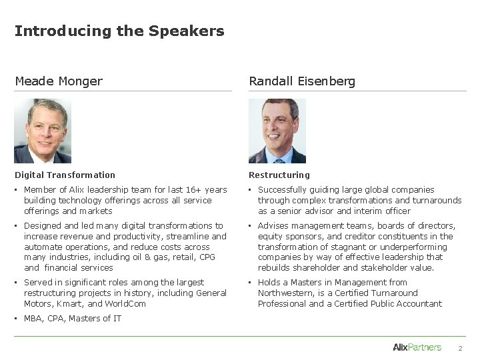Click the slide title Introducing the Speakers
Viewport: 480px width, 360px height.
point(119,31)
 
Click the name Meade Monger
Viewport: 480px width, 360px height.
point(59,81)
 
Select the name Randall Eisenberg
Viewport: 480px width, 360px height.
point(302,81)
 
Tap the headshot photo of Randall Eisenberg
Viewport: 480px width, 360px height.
point(277,131)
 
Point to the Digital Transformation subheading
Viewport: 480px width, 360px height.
point(65,175)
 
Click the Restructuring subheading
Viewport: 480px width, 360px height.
point(279,175)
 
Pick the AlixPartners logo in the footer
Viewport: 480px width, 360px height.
point(417,347)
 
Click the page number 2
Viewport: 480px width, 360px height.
point(459,348)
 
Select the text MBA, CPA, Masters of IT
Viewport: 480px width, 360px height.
point(73,318)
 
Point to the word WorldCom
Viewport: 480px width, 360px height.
point(126,303)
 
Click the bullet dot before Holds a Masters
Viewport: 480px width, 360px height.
point(251,283)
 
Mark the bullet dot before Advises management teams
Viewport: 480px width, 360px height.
point(251,226)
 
